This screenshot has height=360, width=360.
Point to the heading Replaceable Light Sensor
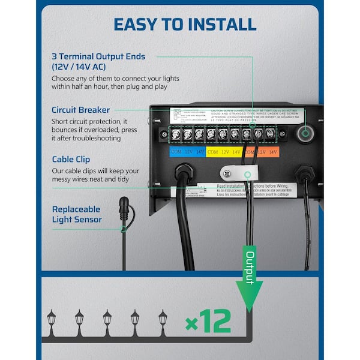point(76,214)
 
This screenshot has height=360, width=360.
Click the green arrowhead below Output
point(247,295)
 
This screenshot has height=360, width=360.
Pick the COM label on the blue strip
point(176,152)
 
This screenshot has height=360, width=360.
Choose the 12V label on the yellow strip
point(225,152)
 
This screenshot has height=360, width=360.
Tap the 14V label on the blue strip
point(200,152)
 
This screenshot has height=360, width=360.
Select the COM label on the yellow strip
point(212,152)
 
